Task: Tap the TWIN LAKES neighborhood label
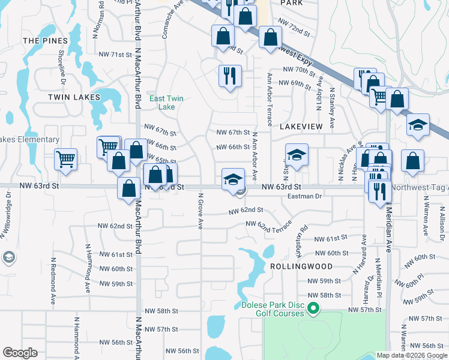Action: (74, 97)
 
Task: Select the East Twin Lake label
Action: (166, 103)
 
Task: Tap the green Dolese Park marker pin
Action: (313, 309)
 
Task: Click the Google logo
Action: (20, 353)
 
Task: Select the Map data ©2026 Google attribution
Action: (411, 355)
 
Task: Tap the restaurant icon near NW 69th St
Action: (229, 76)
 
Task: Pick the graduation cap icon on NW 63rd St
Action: (233, 178)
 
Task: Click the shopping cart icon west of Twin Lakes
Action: (65, 160)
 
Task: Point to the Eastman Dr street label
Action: (305, 196)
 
